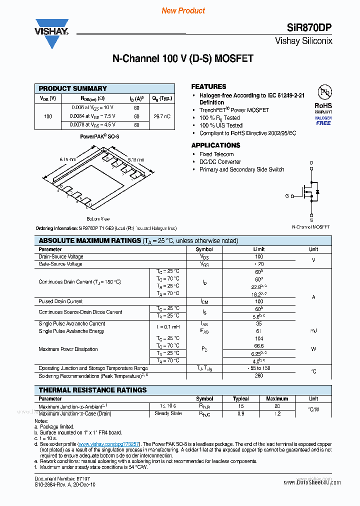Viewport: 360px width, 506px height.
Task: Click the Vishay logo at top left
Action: tap(51, 33)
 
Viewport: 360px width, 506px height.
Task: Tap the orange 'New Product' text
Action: tap(183, 10)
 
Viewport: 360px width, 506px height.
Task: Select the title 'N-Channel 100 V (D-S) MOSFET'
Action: tap(182, 58)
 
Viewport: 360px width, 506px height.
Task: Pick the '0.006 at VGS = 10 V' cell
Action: tap(92, 107)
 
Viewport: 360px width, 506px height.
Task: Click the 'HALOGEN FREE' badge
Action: tap(323, 120)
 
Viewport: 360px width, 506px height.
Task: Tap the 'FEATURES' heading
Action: tap(208, 86)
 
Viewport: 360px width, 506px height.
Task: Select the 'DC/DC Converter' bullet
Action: tap(220, 162)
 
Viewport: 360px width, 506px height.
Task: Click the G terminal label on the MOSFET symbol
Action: tap(287, 196)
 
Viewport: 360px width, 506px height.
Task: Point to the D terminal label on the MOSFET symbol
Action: tap(311, 163)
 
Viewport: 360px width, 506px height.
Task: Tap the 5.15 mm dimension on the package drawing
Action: tap(135, 159)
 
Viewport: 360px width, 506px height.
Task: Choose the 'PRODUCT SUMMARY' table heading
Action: tap(73, 88)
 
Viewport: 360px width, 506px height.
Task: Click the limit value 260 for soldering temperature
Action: tap(258, 375)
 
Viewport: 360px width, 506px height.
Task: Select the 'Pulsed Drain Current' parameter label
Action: tap(60, 301)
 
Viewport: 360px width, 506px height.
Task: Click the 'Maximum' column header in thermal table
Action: tap(276, 398)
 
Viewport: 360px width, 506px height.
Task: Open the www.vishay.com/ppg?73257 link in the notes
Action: tap(109, 443)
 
